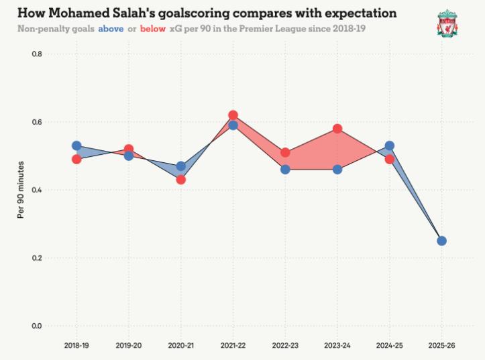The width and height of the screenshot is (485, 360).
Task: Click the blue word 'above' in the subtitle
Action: [111, 29]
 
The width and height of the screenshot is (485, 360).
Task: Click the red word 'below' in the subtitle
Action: [153, 29]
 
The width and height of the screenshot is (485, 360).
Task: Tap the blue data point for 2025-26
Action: [441, 241]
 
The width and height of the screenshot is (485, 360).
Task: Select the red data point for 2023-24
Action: [337, 129]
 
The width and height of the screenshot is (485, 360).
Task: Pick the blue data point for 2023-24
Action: [337, 170]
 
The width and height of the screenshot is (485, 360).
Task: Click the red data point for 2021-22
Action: [233, 115]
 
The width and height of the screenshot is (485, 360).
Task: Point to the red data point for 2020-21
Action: [180, 180]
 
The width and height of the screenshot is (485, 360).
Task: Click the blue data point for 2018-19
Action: [76, 145]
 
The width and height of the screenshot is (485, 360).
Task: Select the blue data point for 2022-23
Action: [285, 170]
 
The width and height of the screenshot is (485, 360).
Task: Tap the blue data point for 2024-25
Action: [389, 145]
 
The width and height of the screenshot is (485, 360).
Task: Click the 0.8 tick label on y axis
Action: [37, 54]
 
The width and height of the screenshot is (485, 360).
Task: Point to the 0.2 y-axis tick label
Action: [37, 258]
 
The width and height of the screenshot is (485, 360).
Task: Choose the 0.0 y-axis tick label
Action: [37, 326]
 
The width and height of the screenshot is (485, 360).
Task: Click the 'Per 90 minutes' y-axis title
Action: [21, 190]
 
